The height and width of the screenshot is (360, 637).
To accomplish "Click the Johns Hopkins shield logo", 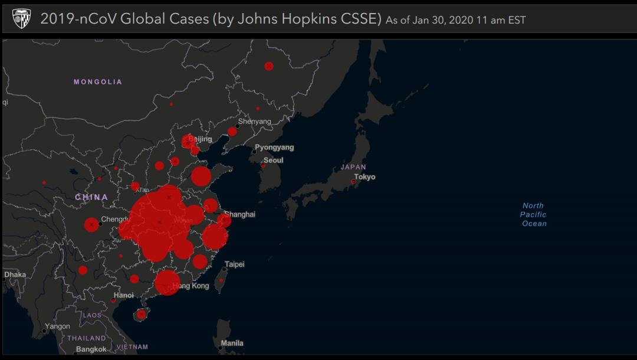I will click(22, 18).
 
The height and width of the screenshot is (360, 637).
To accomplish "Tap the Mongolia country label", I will click(98, 82).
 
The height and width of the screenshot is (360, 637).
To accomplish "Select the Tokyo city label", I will click(365, 177).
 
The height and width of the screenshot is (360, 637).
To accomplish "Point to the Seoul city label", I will click(274, 161).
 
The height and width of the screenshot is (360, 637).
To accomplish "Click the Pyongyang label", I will click(274, 148).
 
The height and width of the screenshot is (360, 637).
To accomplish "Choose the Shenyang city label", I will click(255, 122).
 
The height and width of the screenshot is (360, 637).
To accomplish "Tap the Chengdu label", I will click(115, 220).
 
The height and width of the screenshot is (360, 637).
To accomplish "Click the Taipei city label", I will click(235, 264).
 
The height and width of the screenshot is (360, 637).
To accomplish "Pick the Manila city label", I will click(232, 343).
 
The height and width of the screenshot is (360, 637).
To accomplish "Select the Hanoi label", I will click(124, 295).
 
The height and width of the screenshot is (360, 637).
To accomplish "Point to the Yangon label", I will click(58, 326).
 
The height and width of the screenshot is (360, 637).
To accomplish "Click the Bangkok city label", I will click(91, 349).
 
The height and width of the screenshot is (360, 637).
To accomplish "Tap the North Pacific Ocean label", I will click(533, 215).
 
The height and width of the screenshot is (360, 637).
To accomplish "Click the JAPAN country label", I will click(353, 167).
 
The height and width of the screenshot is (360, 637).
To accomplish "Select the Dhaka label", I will click(15, 274).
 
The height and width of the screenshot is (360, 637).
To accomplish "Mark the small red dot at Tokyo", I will click(353, 182).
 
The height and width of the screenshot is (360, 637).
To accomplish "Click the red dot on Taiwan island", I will click(221, 280).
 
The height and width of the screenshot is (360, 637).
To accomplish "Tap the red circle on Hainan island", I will click(141, 315).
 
